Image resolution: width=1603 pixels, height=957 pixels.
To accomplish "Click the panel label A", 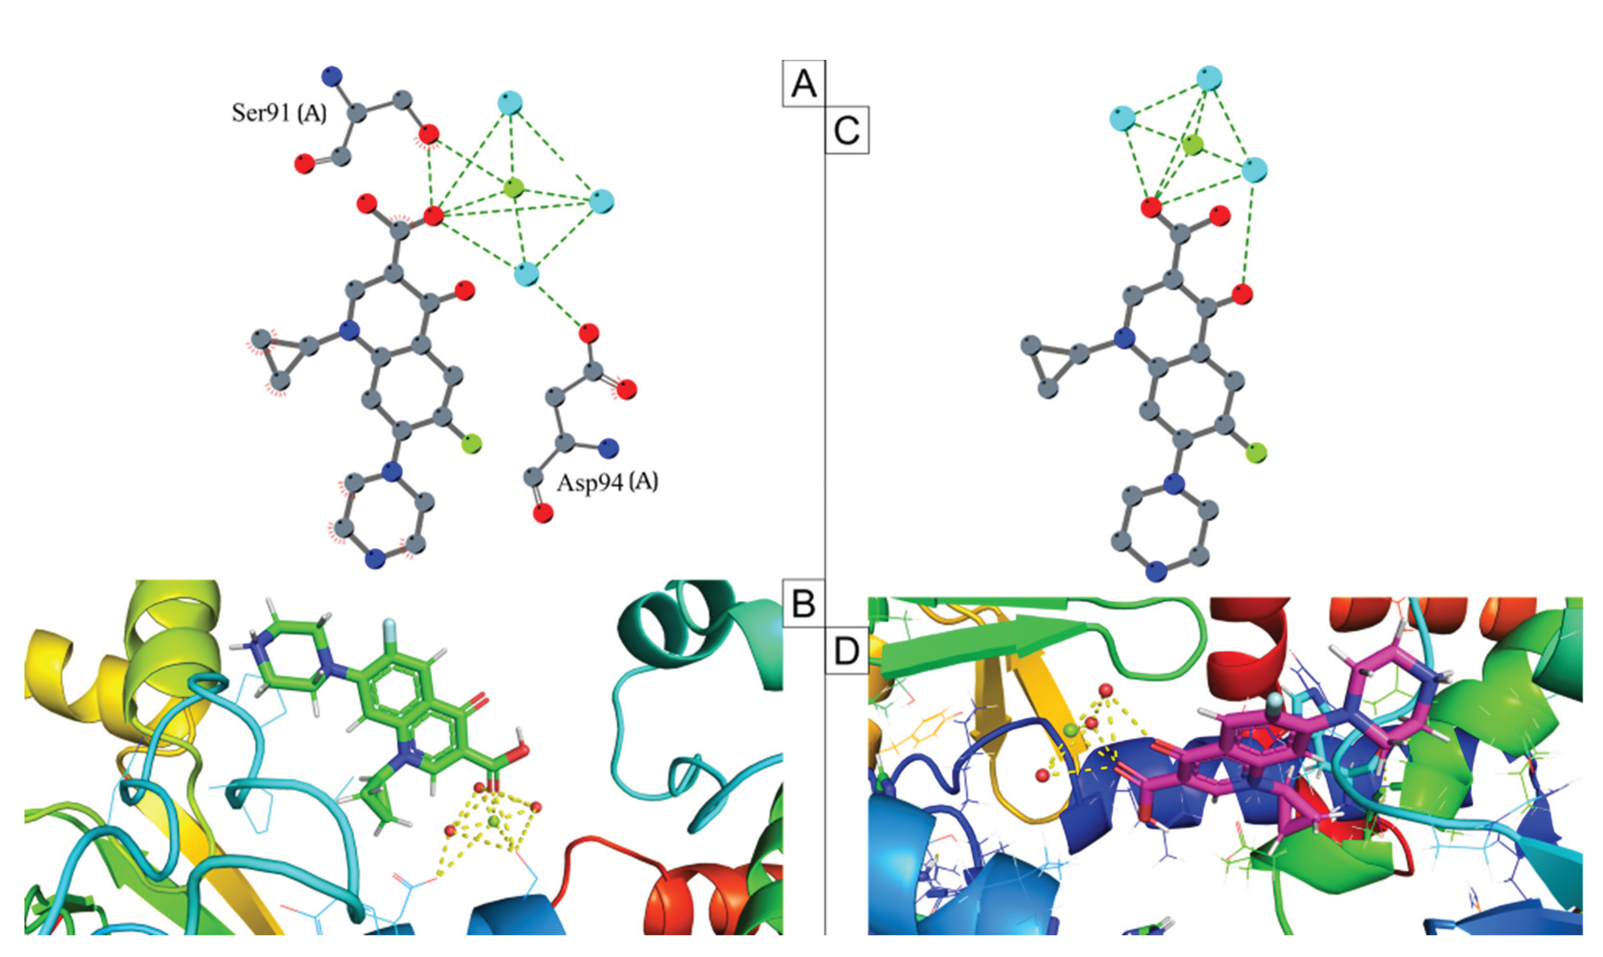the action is click(803, 83).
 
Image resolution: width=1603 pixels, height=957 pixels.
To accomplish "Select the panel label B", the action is click(803, 604).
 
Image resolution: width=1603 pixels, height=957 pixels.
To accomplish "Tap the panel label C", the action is click(846, 130).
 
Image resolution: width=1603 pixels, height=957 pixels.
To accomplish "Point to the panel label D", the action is click(846, 652).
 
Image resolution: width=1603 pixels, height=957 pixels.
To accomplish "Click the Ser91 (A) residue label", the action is click(279, 113).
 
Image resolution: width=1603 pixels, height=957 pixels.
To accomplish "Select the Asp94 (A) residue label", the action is click(608, 481).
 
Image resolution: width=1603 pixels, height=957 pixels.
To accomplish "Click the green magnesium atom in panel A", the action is click(513, 188).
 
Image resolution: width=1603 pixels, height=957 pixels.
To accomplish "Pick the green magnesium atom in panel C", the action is click(1194, 145).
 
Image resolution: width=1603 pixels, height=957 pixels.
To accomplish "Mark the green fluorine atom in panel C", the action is click(1255, 453).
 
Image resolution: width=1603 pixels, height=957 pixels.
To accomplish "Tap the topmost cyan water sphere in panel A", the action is click(510, 103).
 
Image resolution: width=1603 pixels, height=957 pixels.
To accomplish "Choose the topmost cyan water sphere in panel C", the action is click(1209, 78).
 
